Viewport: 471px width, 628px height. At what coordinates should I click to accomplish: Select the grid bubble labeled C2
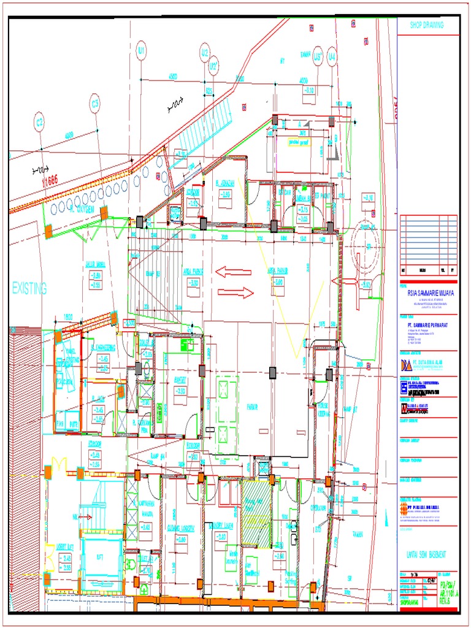coord(40,122)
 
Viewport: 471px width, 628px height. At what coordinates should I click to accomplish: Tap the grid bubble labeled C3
coord(95,104)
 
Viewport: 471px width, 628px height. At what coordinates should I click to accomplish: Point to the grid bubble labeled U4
coord(332,57)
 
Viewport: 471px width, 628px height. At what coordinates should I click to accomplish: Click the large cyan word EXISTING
coord(29,288)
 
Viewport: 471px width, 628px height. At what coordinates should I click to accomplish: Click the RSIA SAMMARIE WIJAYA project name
coord(427,294)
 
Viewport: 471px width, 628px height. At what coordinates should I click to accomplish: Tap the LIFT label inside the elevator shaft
coord(100,557)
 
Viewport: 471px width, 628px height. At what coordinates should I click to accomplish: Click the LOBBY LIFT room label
coord(65,546)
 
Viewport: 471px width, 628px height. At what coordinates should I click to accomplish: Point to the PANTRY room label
coord(180,380)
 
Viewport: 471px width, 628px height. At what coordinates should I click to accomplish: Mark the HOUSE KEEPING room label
coord(323,410)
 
